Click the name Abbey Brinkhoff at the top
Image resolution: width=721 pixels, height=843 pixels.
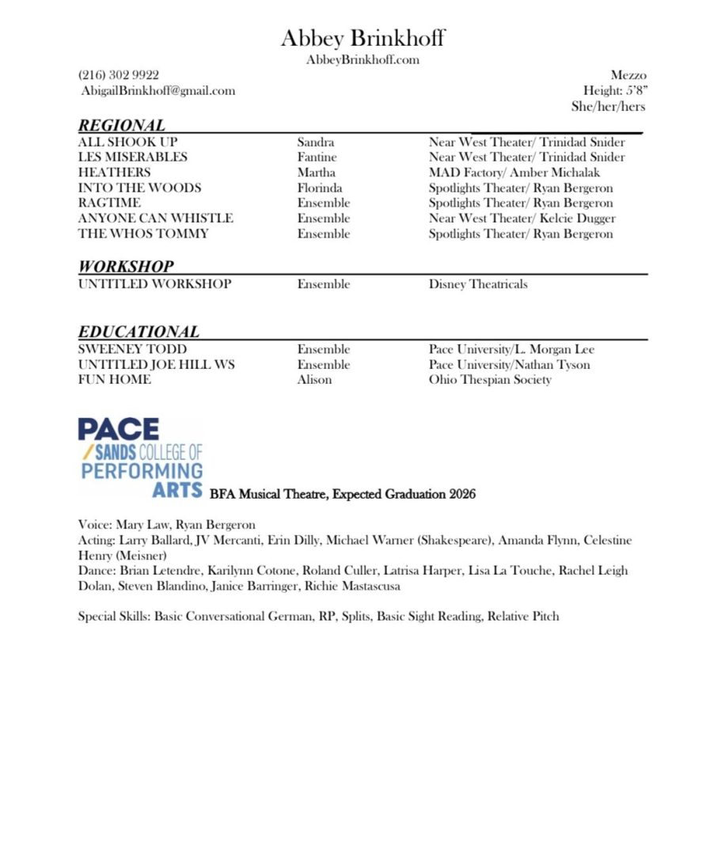(x=362, y=37)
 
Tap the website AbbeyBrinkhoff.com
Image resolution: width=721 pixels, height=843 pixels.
(x=362, y=60)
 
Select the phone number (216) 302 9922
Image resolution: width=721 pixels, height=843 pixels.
(x=119, y=75)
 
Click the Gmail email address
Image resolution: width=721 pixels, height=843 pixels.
(x=157, y=90)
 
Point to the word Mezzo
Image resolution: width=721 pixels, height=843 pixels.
(x=628, y=75)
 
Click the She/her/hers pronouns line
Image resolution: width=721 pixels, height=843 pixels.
(x=608, y=106)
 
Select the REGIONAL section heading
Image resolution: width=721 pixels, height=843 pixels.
(x=122, y=125)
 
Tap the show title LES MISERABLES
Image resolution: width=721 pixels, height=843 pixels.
(x=133, y=158)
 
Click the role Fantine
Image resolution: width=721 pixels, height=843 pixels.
(x=317, y=158)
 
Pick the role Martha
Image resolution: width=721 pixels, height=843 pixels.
(x=316, y=173)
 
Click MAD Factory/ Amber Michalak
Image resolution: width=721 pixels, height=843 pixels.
(x=514, y=173)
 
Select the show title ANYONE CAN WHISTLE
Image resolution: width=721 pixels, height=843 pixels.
(x=155, y=218)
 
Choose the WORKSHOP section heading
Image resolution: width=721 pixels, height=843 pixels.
(x=126, y=267)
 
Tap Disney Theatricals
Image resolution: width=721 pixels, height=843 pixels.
(x=478, y=284)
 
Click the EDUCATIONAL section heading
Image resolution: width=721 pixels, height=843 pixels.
(x=139, y=332)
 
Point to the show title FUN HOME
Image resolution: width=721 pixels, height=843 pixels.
(x=114, y=380)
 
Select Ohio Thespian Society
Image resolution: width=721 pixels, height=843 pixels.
(x=490, y=380)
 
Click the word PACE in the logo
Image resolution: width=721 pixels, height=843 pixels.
(x=119, y=430)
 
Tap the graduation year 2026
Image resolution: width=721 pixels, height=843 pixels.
(x=462, y=495)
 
